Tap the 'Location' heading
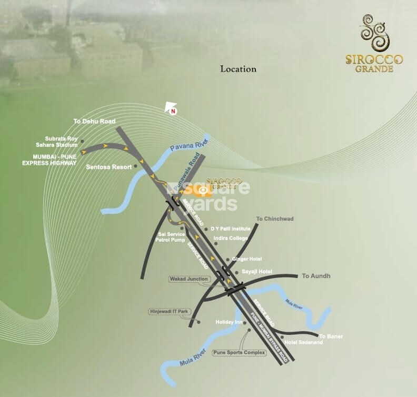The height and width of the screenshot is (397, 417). coord(238,69)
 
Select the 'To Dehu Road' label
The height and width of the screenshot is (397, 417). coord(94,122)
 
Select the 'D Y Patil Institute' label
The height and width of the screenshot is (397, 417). coord(231,229)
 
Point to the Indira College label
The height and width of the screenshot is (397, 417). coord(231,239)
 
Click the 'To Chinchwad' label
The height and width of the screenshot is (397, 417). coord(274,219)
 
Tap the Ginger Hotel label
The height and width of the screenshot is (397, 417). coord(247,259)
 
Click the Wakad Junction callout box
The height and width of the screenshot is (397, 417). coord(189,279)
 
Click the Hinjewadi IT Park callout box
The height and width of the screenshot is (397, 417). coord(168,312)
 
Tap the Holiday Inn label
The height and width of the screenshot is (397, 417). coord(229,322)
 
